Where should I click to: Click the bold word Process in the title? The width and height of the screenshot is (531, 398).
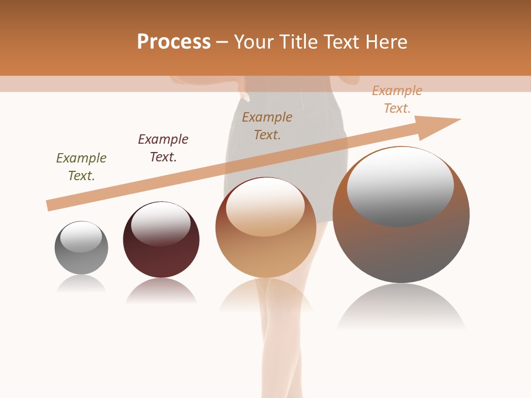tap(174, 42)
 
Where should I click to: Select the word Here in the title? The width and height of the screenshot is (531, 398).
tap(385, 42)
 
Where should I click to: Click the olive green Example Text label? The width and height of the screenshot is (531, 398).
tap(81, 166)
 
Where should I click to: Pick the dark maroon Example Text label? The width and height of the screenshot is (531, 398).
tap(163, 148)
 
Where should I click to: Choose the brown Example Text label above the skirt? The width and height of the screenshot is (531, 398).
tap(267, 125)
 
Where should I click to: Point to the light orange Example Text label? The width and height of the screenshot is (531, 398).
tap(397, 99)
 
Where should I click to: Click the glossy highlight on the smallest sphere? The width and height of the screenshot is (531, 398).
tap(81, 237)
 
